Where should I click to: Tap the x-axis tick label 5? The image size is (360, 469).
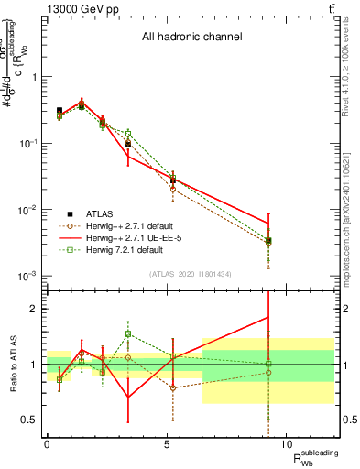(167, 443)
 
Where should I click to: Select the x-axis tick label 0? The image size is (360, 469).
(47, 443)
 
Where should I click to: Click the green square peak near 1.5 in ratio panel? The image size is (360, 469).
(129, 334)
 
